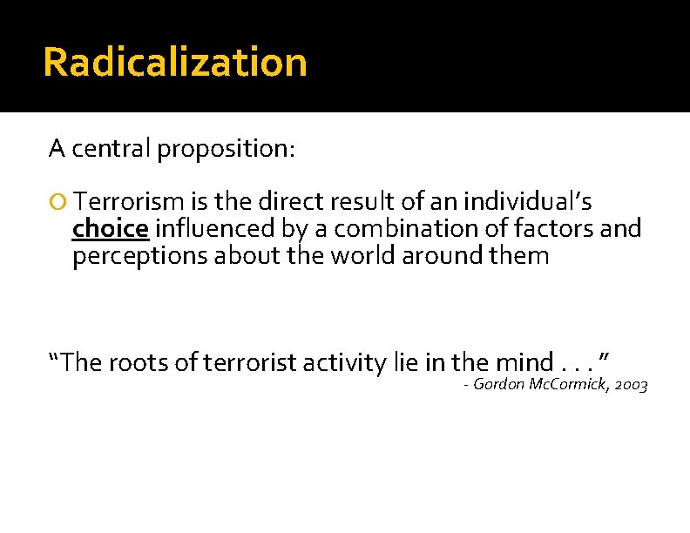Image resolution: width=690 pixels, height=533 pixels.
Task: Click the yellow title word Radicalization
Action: click(x=174, y=63)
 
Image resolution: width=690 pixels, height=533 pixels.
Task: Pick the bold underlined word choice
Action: click(x=111, y=230)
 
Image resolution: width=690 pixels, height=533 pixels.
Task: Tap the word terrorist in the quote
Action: click(x=247, y=362)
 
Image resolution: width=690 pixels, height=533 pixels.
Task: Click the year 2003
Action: click(x=630, y=385)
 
